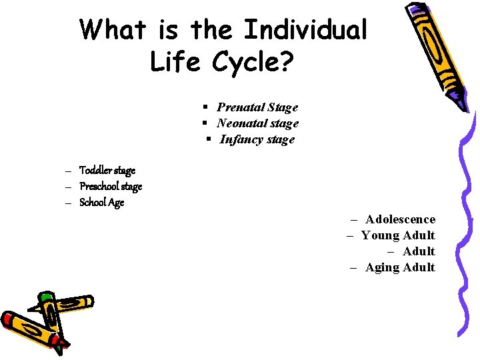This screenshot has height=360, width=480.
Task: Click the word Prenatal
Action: (x=241, y=107)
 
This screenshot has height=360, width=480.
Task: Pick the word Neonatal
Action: (x=241, y=123)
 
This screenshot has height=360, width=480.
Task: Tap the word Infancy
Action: (x=242, y=139)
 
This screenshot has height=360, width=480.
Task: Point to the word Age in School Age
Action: (x=115, y=203)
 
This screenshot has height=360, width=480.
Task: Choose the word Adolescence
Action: (x=400, y=219)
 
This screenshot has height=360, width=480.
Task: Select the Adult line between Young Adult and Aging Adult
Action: (x=419, y=251)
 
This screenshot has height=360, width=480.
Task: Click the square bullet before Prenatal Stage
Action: (x=207, y=107)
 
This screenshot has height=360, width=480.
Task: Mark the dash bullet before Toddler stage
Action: (x=69, y=171)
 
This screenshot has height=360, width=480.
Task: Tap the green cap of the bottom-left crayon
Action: (x=46, y=298)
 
